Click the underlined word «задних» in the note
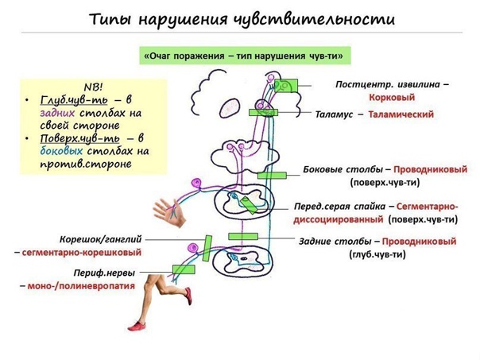point(57,113)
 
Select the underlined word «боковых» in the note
point(60,150)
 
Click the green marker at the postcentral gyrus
point(288,84)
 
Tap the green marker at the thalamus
point(263,113)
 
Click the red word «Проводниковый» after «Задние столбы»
point(419,241)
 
